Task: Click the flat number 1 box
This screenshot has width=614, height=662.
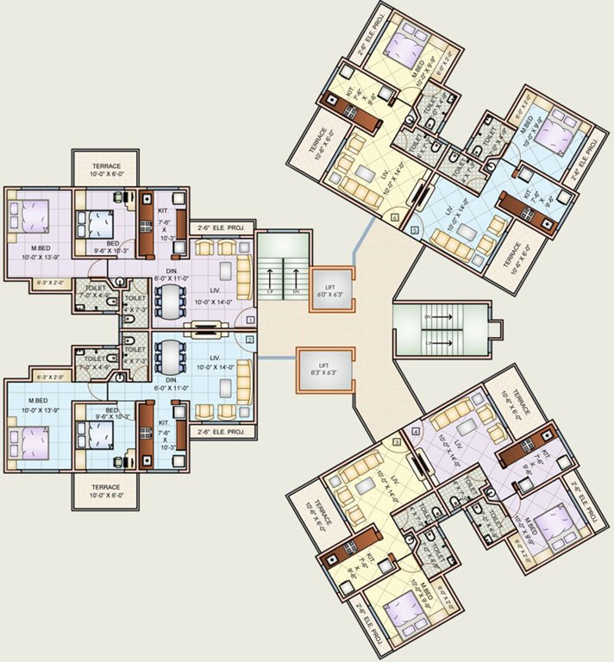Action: coord(250,320)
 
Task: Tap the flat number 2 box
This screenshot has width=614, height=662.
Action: coord(250,340)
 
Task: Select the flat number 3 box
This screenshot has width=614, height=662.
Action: coord(397,443)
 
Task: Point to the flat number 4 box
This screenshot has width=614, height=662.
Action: coord(416,431)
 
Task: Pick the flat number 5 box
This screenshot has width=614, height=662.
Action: coord(414,230)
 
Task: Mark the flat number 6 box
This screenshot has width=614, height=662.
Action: coord(394,218)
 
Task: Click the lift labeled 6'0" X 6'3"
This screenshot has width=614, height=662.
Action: coord(326,289)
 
